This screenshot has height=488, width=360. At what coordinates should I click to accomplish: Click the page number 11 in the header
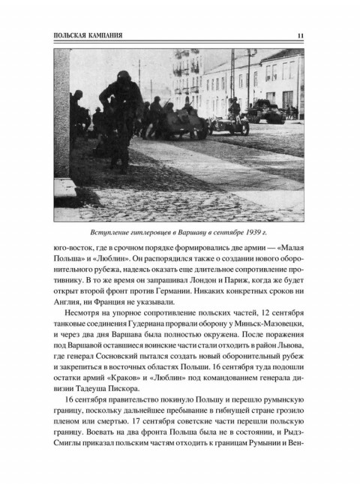click(x=300, y=35)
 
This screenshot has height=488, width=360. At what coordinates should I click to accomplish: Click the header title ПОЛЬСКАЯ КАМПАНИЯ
click(x=83, y=35)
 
